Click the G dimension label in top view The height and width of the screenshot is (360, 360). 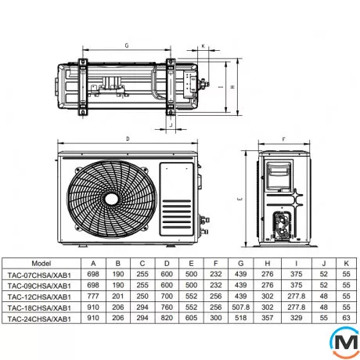coord(127,45)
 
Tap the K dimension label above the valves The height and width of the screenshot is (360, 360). coord(203,46)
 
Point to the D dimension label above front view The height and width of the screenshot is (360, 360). coord(128,139)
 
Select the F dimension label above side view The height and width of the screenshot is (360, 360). coord(284,139)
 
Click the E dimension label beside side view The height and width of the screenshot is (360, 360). coord(240,199)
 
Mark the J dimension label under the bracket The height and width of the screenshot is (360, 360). coord(171,124)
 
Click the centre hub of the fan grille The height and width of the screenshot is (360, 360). coord(112,200)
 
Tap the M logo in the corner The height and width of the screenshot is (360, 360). coord(345,342)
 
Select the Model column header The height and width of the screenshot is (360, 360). coord(41,263)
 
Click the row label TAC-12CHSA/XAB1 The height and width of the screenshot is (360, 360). coord(39,297)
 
